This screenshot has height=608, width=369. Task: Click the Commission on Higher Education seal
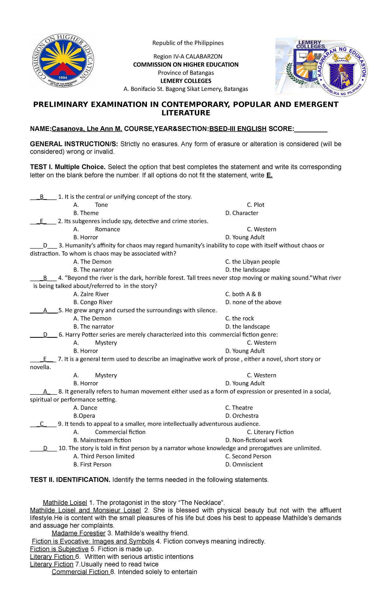[x=63, y=61]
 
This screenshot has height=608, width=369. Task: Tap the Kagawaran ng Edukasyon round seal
[x=342, y=71]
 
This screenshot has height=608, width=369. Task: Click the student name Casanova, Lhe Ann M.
[x=87, y=129]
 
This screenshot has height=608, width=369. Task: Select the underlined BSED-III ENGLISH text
[x=238, y=129]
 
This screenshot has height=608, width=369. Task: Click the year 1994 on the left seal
[x=63, y=78]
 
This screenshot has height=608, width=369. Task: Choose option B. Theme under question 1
[x=86, y=213]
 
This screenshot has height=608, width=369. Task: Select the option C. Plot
[x=255, y=205]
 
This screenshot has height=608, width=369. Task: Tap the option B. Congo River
[x=93, y=302]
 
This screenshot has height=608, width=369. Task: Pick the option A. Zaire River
[x=91, y=294]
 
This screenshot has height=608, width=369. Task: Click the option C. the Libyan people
[x=252, y=262]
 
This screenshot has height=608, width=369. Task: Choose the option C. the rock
[x=240, y=318]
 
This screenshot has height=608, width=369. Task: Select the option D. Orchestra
[x=242, y=416]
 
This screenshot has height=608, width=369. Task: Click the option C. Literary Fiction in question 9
[x=270, y=432]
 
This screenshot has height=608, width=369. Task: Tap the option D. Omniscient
[x=244, y=464]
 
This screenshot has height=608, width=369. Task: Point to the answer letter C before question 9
[x=42, y=424]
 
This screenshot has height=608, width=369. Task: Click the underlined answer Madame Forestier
[x=78, y=533]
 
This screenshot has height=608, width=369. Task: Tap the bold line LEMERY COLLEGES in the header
[x=186, y=81]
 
